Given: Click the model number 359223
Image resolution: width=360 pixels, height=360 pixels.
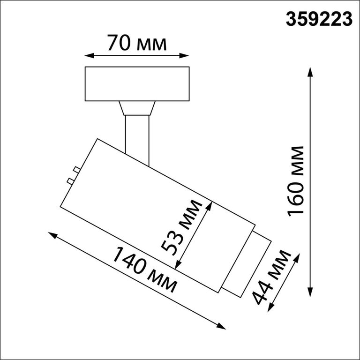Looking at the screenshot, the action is (319, 19).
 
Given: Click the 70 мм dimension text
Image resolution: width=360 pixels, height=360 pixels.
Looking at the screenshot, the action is (137, 43).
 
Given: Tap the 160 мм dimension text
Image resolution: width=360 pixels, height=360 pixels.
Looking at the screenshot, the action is (295, 181).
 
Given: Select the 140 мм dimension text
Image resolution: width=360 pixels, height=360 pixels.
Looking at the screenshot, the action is (145, 270).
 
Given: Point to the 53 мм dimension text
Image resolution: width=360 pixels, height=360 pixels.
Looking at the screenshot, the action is (181, 228).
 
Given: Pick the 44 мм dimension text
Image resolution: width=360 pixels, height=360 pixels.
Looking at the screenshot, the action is (271, 277).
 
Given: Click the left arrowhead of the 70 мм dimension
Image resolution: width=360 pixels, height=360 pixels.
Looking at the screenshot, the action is (90, 56).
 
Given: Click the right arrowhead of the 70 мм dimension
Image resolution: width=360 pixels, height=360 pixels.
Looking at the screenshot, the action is (184, 56).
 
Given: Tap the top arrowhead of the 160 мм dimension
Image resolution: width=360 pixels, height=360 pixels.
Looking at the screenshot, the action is (310, 72).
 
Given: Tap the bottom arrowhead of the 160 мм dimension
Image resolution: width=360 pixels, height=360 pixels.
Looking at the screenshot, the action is (310, 292).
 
